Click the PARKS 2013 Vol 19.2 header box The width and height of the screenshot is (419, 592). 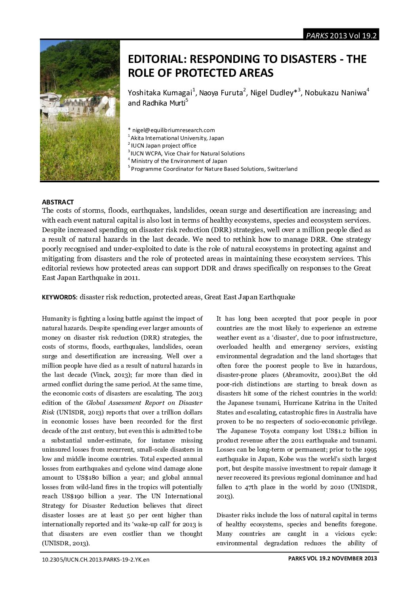[x=341, y=36]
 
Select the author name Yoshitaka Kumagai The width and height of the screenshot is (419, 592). [x=160, y=93]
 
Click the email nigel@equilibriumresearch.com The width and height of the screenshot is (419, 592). [x=173, y=130]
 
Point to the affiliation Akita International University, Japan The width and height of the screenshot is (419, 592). [x=177, y=138]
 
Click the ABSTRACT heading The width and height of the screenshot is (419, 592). [x=58, y=202]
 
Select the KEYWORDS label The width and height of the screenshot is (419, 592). [x=59, y=297]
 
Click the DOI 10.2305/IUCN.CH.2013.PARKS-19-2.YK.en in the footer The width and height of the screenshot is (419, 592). [x=96, y=560]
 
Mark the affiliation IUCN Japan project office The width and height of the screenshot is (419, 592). [x=163, y=146]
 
